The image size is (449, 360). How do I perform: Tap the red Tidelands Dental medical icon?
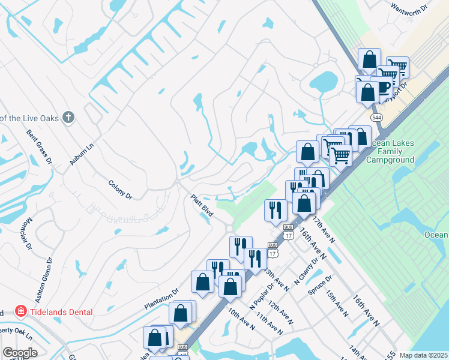tap(21, 311)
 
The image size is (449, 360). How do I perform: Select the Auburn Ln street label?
tap(82, 154)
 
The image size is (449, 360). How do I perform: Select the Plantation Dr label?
tap(161, 299)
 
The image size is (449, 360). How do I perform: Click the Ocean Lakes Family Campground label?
tap(391, 152)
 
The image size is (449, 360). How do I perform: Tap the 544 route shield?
tap(376, 117)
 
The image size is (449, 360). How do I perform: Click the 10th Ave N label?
tap(241, 319)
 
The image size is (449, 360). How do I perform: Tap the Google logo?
tap(20, 353)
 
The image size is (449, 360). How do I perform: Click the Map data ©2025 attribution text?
tap(423, 355)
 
